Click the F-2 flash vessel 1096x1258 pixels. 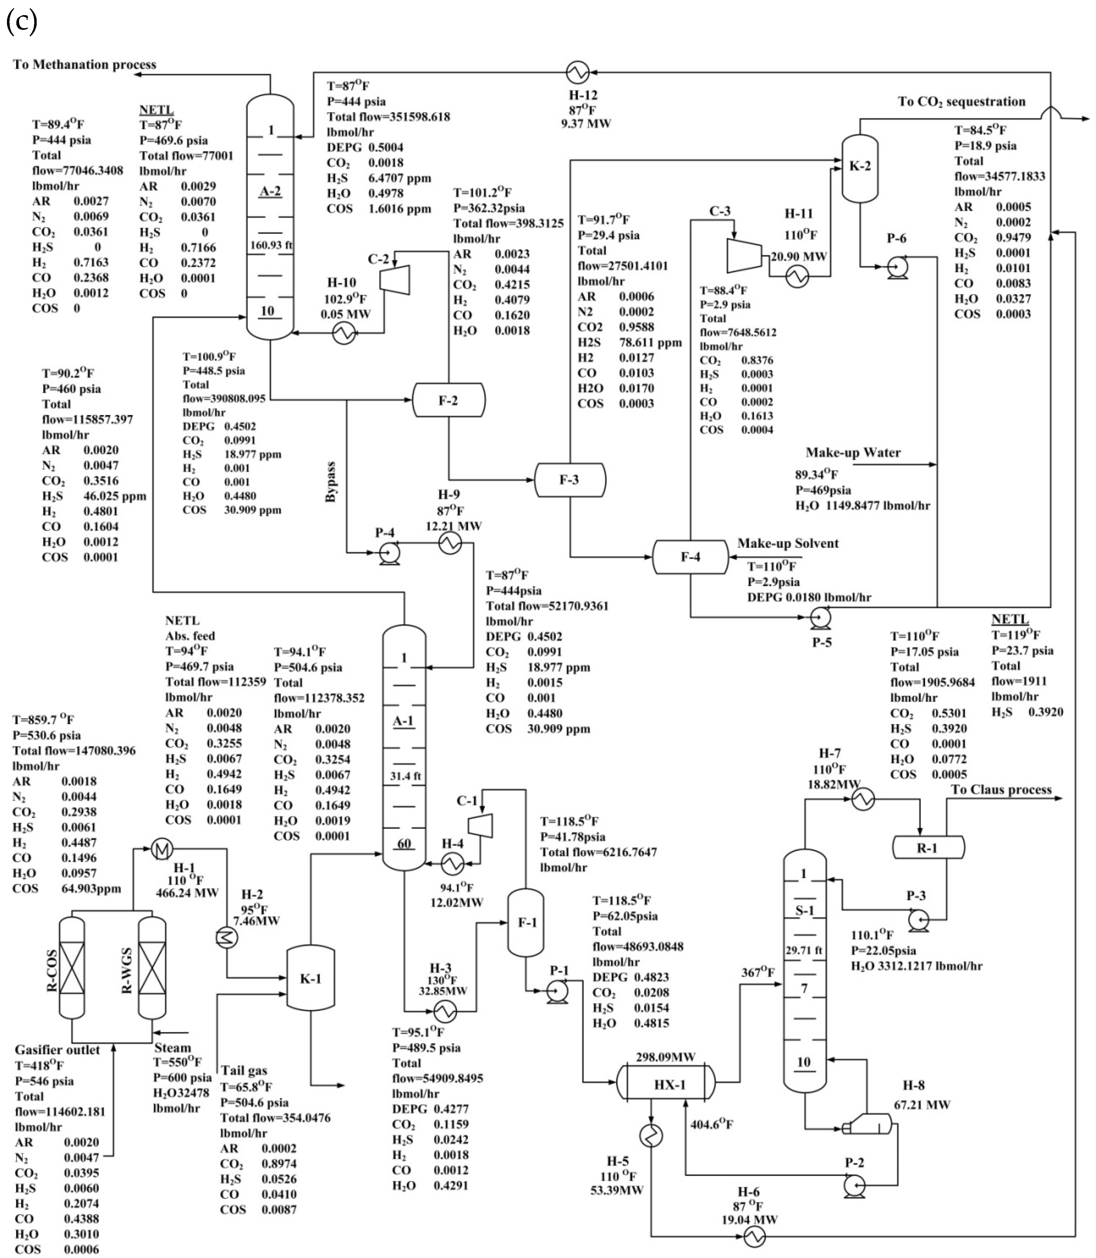pyautogui.click(x=448, y=400)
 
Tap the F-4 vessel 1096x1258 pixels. pyautogui.click(x=691, y=556)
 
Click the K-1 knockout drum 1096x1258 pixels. pyautogui.click(x=311, y=978)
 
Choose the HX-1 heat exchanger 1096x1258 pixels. pyautogui.click(x=665, y=1084)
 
